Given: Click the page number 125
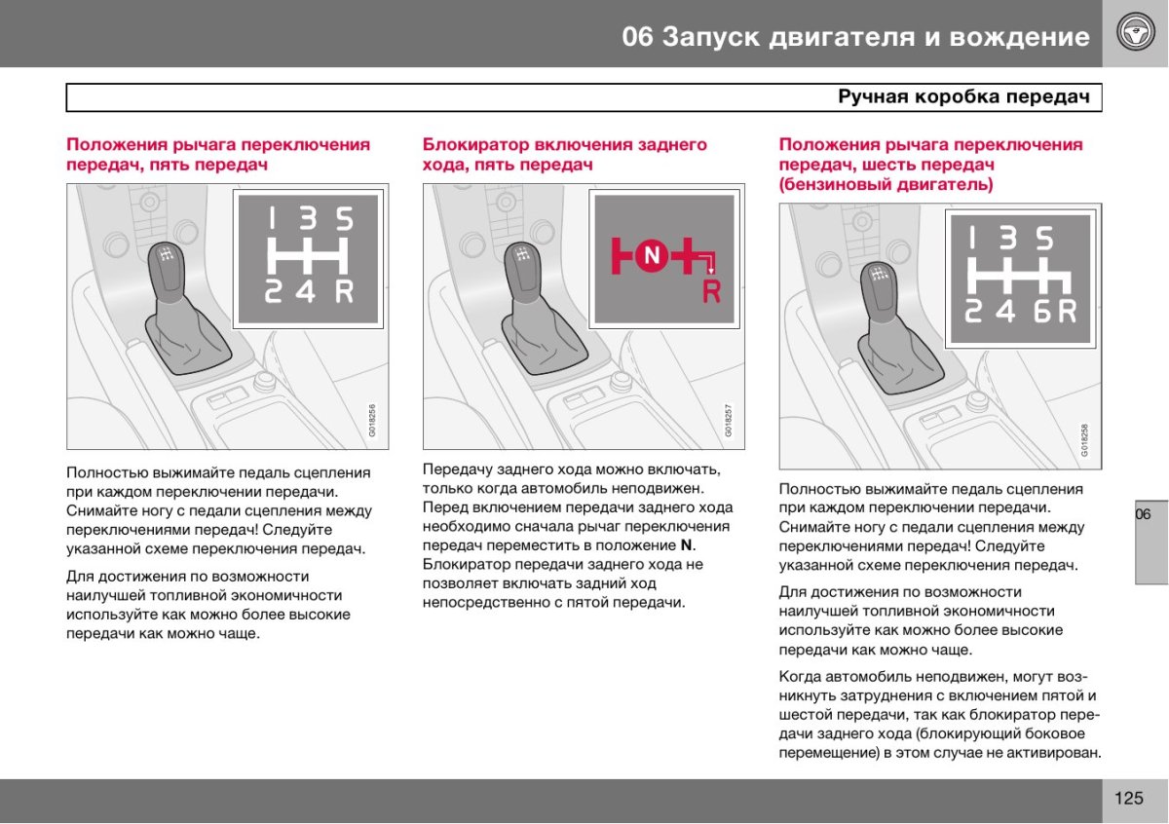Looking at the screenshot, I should click(x=1129, y=799).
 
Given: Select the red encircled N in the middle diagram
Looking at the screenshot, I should click(x=652, y=255).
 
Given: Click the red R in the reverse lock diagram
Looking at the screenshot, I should click(x=712, y=290).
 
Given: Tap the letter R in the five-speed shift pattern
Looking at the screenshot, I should click(x=344, y=290).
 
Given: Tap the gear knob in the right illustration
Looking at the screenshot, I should click(x=880, y=281).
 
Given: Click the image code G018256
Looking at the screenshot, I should click(x=372, y=421).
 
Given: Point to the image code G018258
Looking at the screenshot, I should click(x=1084, y=440).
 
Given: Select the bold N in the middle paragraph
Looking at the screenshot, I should click(x=686, y=544).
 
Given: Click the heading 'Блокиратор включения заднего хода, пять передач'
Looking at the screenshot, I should click(x=564, y=155).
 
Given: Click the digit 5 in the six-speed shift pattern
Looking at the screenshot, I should click(x=1044, y=239).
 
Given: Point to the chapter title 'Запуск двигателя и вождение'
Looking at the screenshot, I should click(x=875, y=37).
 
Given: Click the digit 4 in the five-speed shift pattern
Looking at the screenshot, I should click(x=307, y=290).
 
